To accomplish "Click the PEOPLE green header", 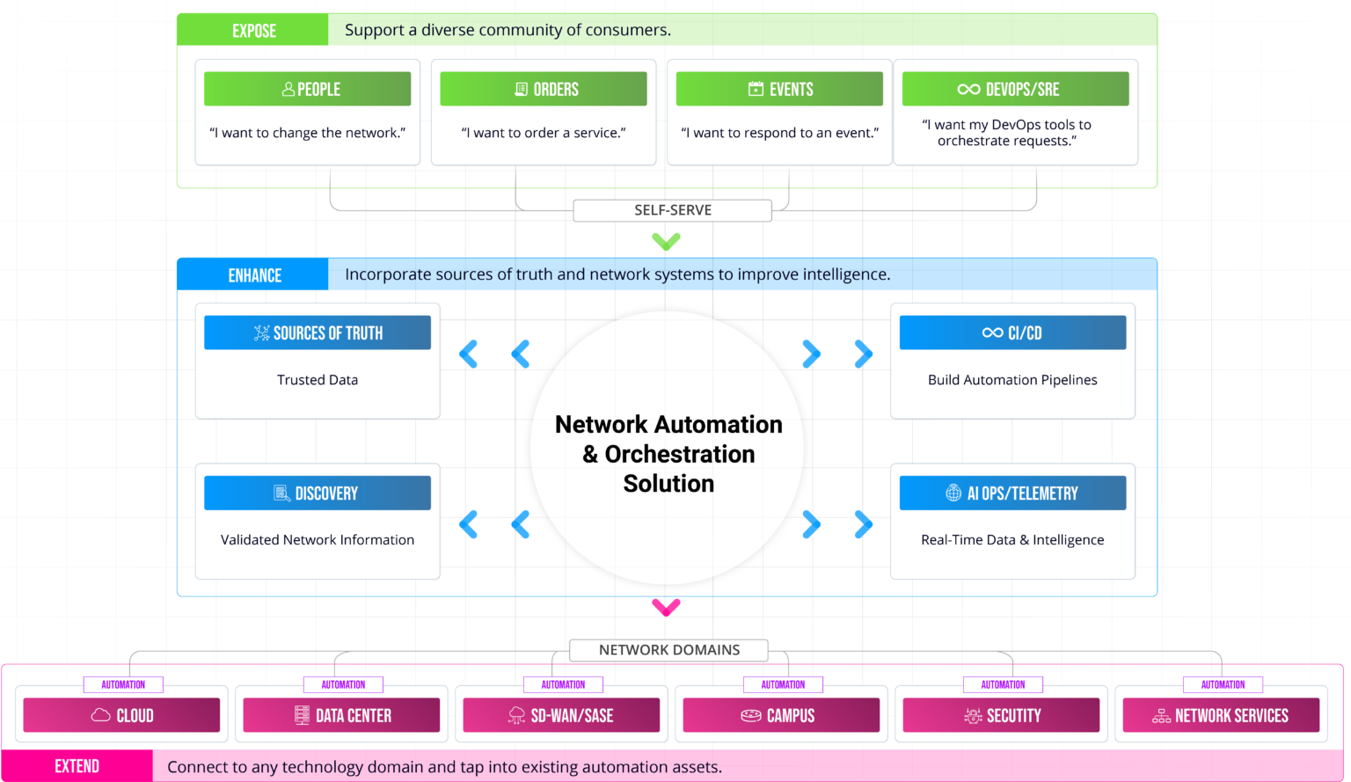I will [307, 89].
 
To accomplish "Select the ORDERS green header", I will [544, 89].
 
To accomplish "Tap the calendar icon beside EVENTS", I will [756, 89].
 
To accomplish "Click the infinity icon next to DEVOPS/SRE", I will [968, 89].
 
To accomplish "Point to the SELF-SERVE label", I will [673, 210].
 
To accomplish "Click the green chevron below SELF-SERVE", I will [666, 241].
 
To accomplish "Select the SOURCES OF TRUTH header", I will [318, 333].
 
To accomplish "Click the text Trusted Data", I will [318, 380].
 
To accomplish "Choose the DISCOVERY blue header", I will [318, 493].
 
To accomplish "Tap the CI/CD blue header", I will [1012, 333].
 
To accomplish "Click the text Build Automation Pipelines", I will [1012, 380].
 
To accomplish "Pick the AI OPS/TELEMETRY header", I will [1012, 493].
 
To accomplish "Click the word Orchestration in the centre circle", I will [680, 454].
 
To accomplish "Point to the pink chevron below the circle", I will [666, 607].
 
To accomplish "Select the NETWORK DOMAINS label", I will [668, 650].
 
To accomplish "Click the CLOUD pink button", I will [121, 716].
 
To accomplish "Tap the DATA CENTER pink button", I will [341, 716].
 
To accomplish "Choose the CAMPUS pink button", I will [781, 716].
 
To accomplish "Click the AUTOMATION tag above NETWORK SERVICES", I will [1223, 684].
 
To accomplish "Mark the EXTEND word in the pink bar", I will [77, 766].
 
